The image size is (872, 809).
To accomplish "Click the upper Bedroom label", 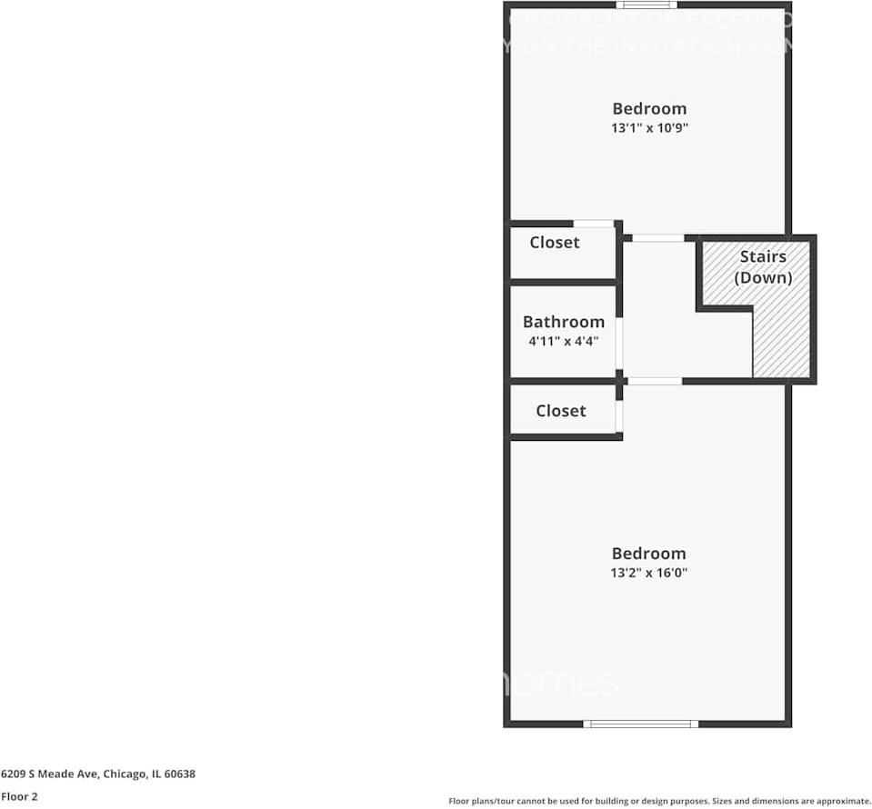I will (x=648, y=108).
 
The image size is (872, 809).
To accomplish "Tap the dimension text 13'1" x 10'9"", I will (x=648, y=128).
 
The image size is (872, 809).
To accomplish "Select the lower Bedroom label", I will (x=648, y=554).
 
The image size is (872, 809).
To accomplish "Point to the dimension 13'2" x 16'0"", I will (x=648, y=574).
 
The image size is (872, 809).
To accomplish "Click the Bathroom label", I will (x=563, y=322).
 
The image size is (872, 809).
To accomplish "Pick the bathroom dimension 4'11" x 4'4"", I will (x=563, y=342).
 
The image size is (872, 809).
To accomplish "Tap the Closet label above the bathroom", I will (x=554, y=243).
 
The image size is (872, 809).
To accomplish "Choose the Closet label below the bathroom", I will (x=560, y=411).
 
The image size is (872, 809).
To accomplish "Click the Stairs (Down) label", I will (x=764, y=267).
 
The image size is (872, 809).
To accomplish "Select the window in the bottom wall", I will (x=640, y=724).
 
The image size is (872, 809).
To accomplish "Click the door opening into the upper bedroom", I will (x=657, y=238).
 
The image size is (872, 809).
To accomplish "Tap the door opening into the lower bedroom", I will (x=655, y=381).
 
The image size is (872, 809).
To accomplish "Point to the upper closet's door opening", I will (x=593, y=223).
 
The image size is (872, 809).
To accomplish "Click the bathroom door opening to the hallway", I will (x=619, y=343).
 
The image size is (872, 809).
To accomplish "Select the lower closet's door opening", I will (x=619, y=415).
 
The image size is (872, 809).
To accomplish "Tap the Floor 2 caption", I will (x=19, y=796).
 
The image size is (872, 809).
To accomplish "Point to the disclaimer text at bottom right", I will (x=659, y=801).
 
